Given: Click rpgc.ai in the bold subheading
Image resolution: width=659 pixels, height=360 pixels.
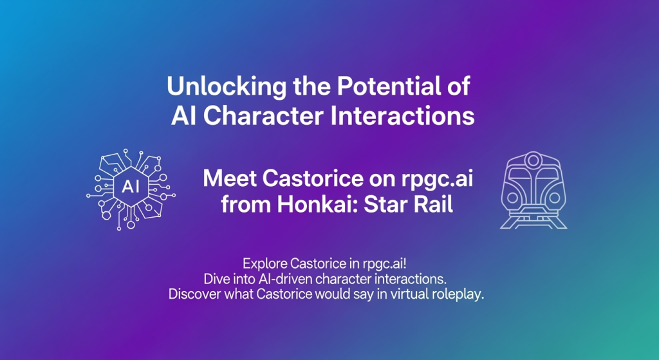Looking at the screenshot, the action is pos(437,180).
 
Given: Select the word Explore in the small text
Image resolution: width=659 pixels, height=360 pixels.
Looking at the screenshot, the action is pos(265,264).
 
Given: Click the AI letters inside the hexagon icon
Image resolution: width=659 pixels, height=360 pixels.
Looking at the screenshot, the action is pos(130,186).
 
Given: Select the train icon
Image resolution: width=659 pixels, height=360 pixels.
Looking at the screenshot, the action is pos(534,190).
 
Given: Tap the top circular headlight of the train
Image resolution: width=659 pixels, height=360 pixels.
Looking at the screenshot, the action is pos(533,160).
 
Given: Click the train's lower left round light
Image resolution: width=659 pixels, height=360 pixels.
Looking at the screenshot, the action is pos(512,197).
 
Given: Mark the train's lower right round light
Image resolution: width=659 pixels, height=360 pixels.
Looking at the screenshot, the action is pos(554,197).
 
